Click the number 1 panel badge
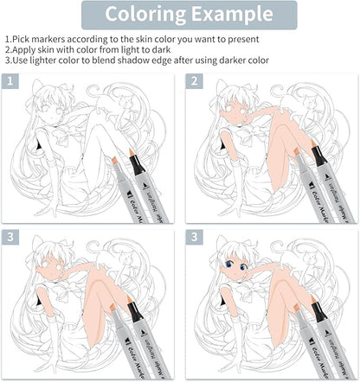coord(10,80)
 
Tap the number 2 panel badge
coord(195,80)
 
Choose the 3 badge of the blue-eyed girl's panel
coord(195,236)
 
